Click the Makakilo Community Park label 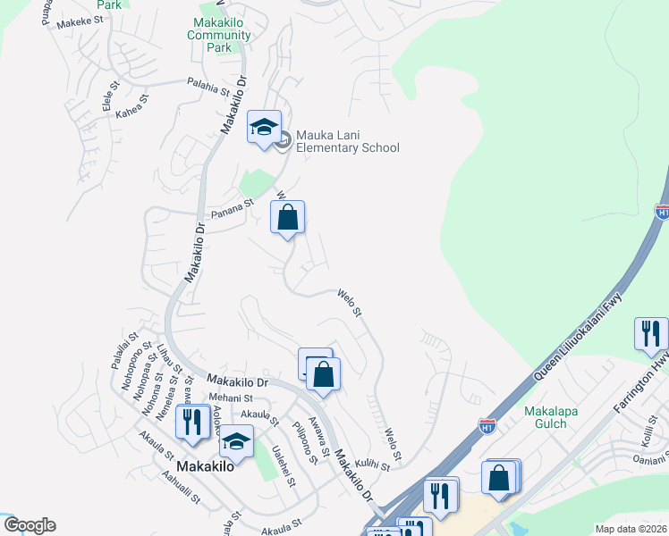220,35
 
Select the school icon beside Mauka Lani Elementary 265,129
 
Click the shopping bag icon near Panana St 287,217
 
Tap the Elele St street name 110,97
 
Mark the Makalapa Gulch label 545,417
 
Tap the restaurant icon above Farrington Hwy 651,334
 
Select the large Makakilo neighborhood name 206,466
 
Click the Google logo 29,525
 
